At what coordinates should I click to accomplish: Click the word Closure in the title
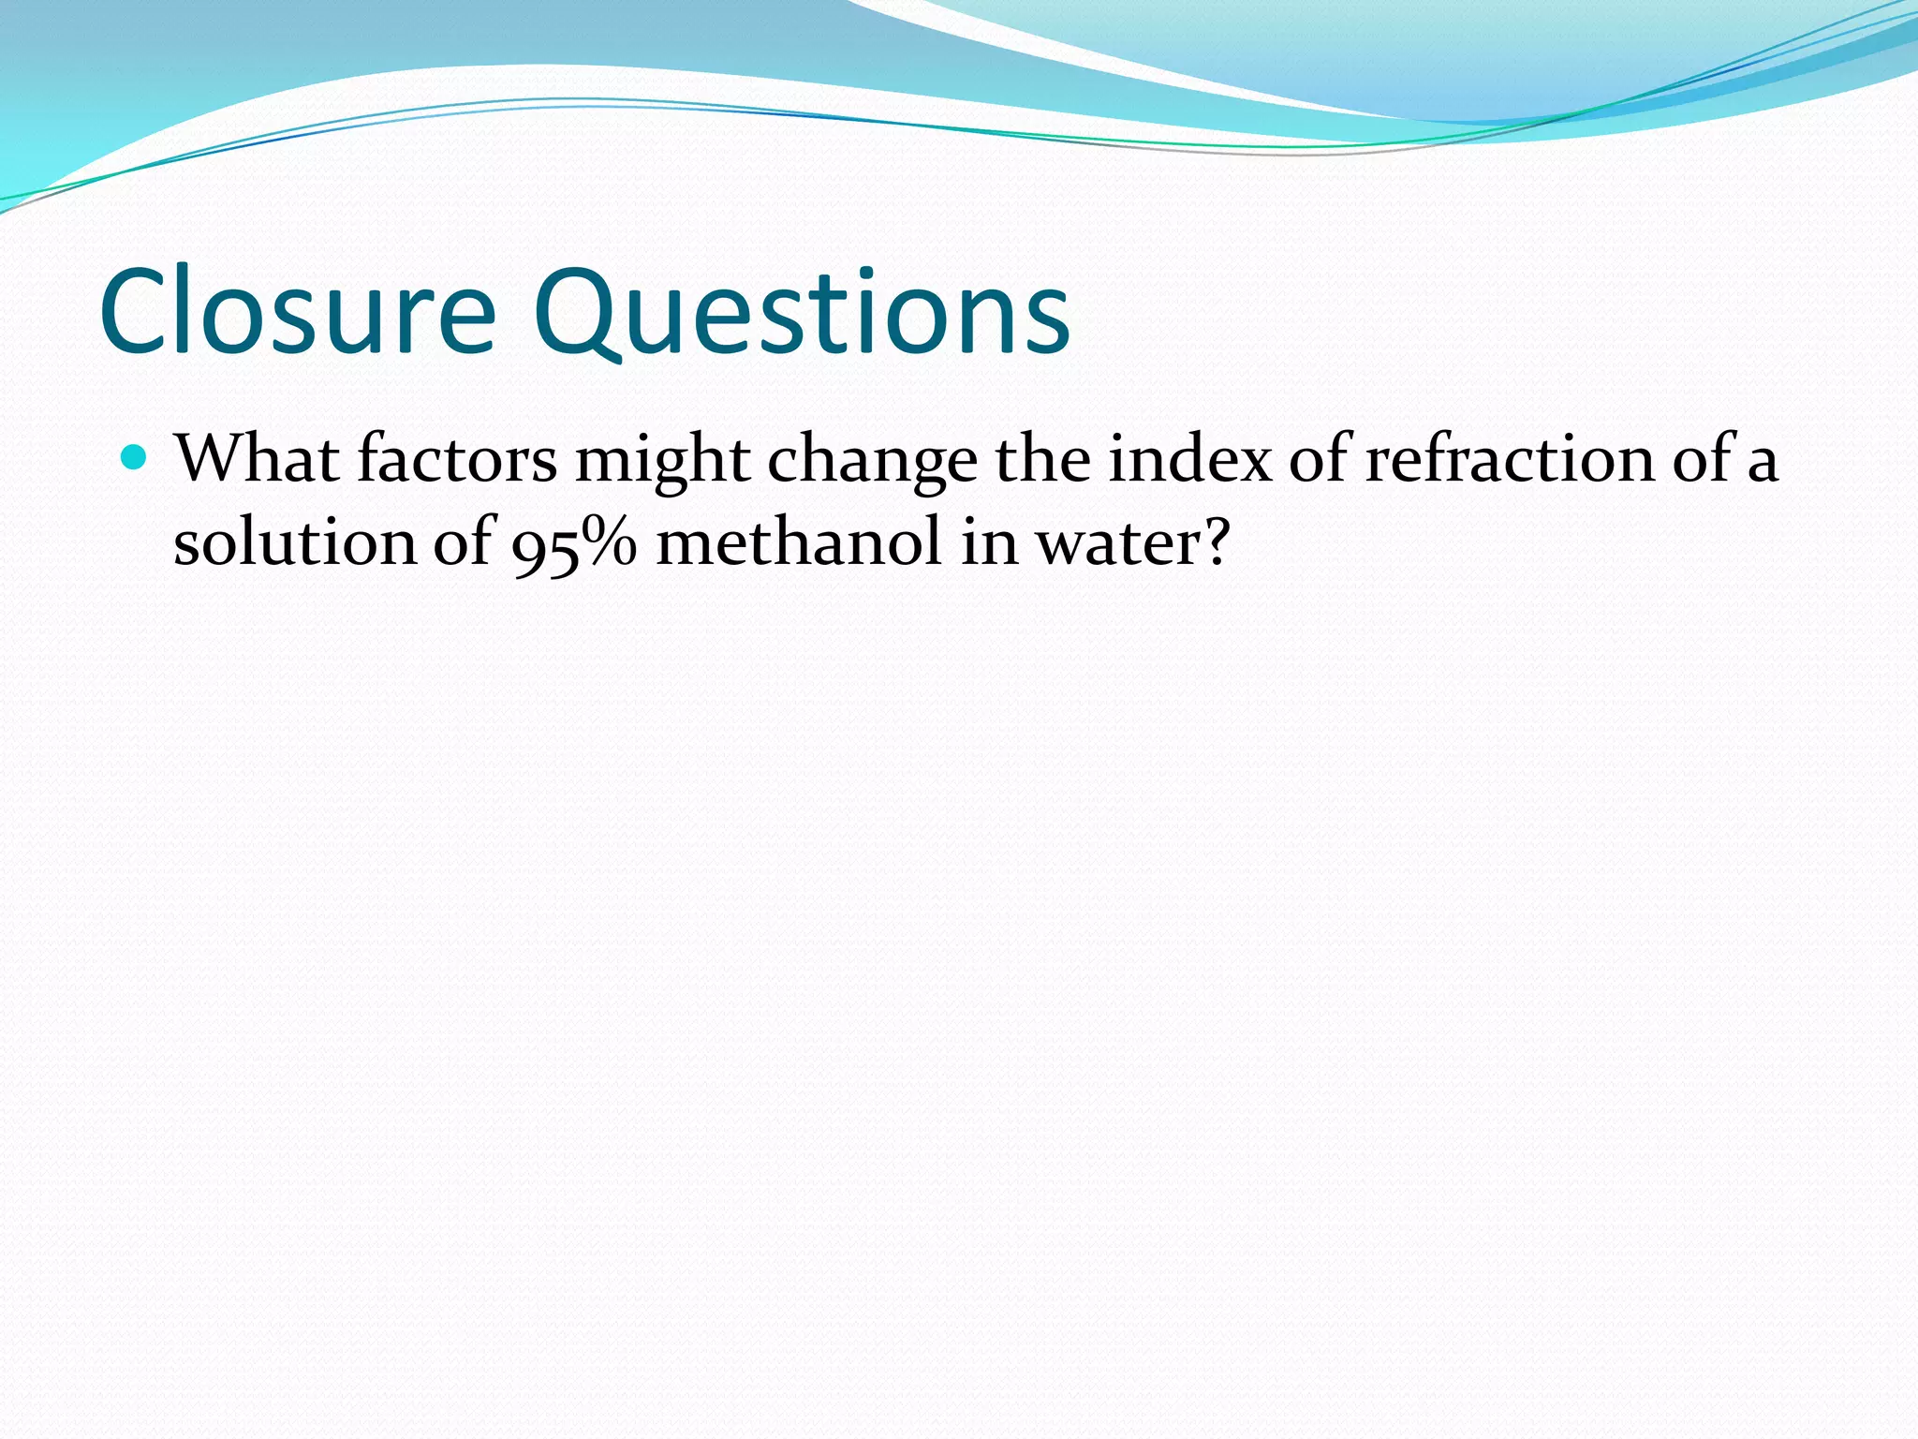tap(298, 313)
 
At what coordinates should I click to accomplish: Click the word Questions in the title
tap(802, 313)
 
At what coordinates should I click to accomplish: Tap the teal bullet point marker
tap(136, 457)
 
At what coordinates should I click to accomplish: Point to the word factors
tap(457, 459)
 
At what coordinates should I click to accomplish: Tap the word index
tap(1190, 459)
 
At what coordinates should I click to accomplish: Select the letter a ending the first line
tap(1762, 463)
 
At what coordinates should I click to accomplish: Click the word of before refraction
tap(1319, 459)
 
